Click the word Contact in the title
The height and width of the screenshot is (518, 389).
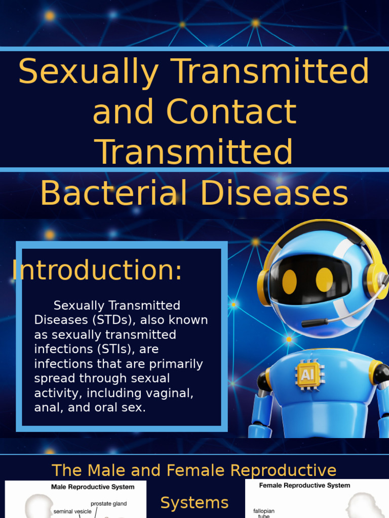click(x=231, y=112)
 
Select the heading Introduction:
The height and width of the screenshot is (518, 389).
click(x=97, y=270)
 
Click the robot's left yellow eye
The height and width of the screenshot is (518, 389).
click(x=289, y=281)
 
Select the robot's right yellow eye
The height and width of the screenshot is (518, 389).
click(x=324, y=280)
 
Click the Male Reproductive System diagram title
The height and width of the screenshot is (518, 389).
click(x=93, y=487)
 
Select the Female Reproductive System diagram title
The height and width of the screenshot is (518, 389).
click(x=304, y=486)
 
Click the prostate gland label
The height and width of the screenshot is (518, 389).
click(x=108, y=504)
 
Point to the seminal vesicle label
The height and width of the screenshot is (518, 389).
click(x=72, y=511)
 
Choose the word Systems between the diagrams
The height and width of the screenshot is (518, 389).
click(x=194, y=503)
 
